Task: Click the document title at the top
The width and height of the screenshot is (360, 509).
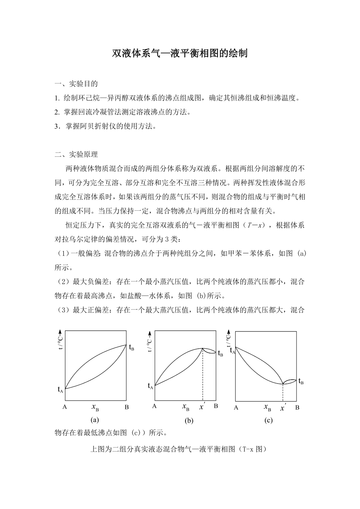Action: pos(180,54)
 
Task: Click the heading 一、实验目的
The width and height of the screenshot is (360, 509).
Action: pos(76,84)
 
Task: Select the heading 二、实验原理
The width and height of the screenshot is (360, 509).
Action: pos(76,154)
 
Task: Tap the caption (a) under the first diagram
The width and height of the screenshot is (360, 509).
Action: pos(94,420)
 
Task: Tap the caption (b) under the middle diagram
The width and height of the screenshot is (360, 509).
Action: pos(189,421)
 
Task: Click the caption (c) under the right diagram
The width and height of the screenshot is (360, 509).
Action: pos(268,420)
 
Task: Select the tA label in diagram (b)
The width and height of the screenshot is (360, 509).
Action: pos(150,386)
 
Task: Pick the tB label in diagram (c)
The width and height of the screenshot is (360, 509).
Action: pos(301,381)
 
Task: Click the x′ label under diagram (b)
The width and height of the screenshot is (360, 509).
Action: pos(202,407)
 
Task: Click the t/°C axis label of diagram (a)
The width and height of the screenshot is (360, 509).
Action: pos(61,340)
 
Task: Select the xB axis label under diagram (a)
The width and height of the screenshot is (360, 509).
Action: pos(95,407)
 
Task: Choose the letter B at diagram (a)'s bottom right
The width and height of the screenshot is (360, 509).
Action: pos(126,407)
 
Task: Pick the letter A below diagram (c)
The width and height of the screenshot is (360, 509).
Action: pos(236,408)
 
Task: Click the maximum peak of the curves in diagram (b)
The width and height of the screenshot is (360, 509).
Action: pos(202,348)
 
